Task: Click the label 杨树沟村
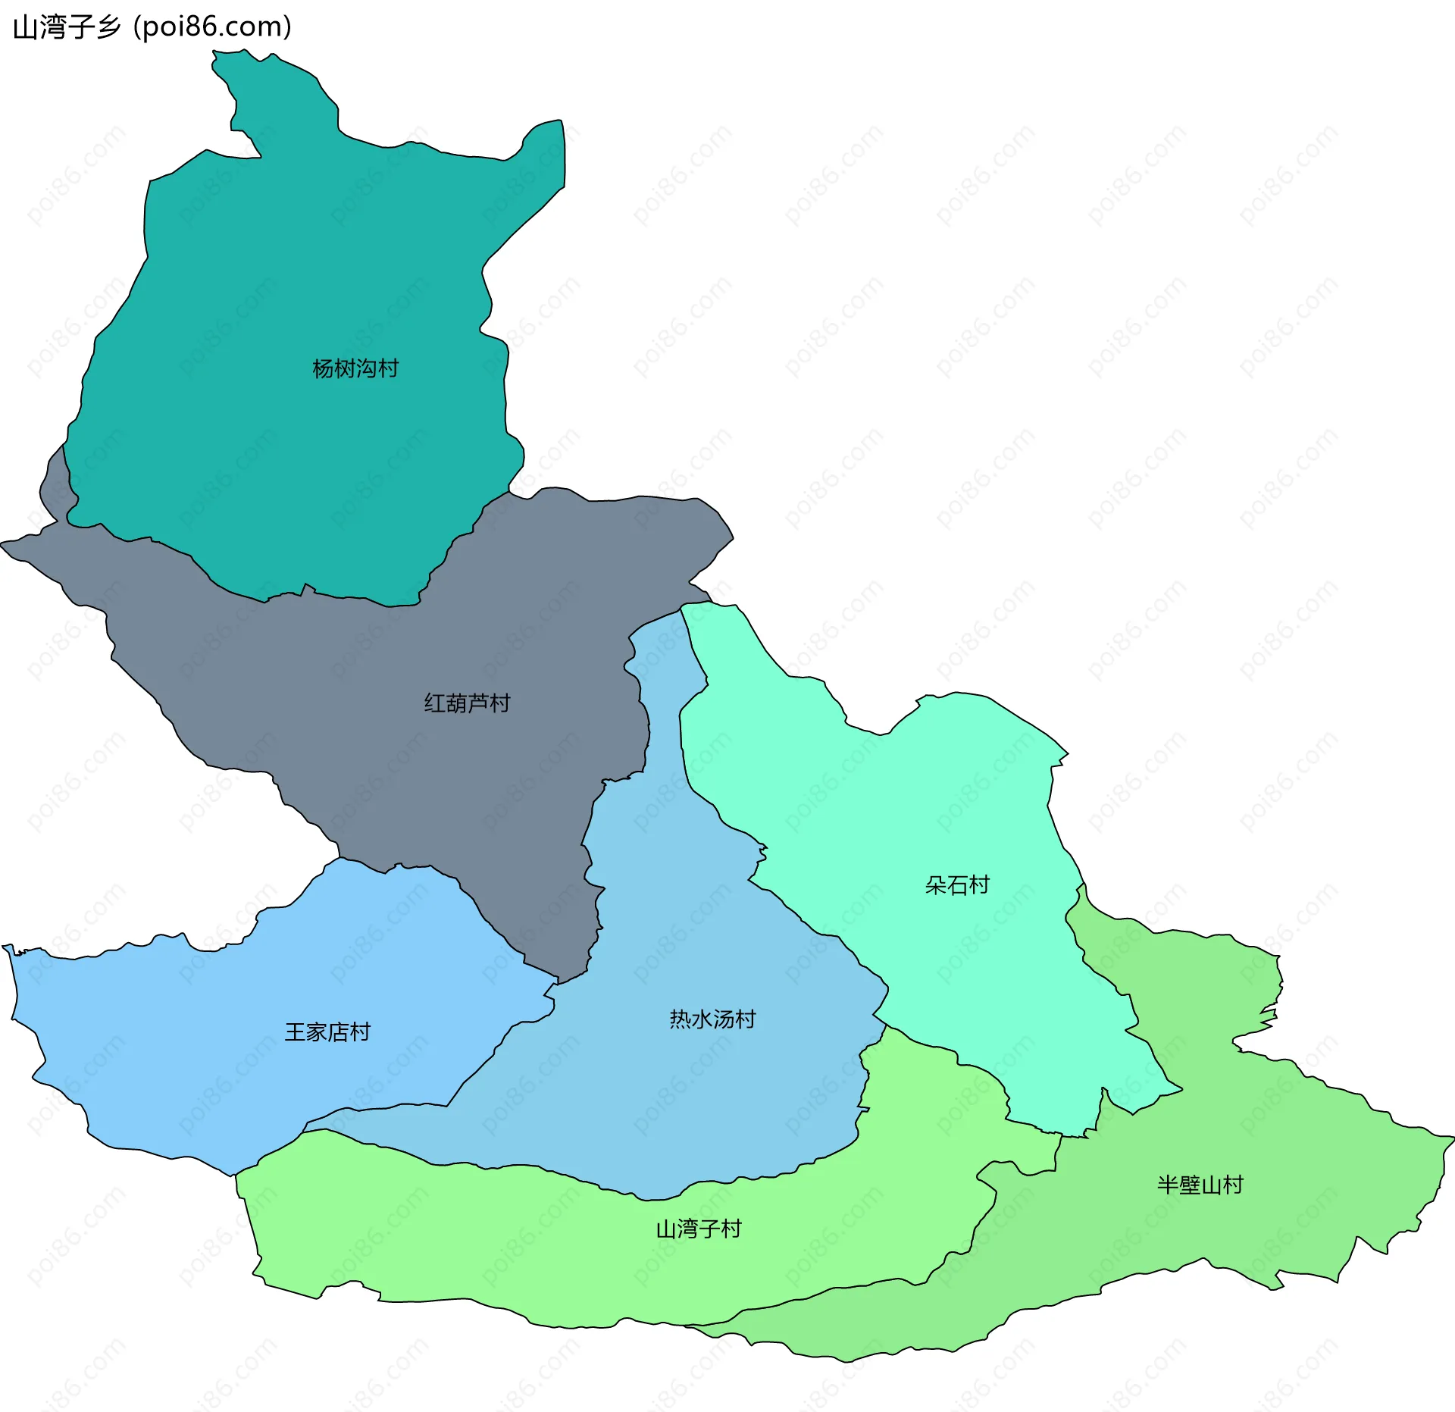(355, 368)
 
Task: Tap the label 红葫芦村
(467, 703)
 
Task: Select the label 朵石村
(957, 884)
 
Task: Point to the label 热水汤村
(712, 1019)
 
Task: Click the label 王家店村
(327, 1032)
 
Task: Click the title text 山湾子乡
(67, 27)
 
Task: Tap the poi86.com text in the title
(212, 27)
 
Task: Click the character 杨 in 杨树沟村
(324, 368)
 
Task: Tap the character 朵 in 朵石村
(936, 884)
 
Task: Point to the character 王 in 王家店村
(295, 1032)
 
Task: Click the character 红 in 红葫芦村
(434, 703)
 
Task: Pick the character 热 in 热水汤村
(680, 1019)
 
